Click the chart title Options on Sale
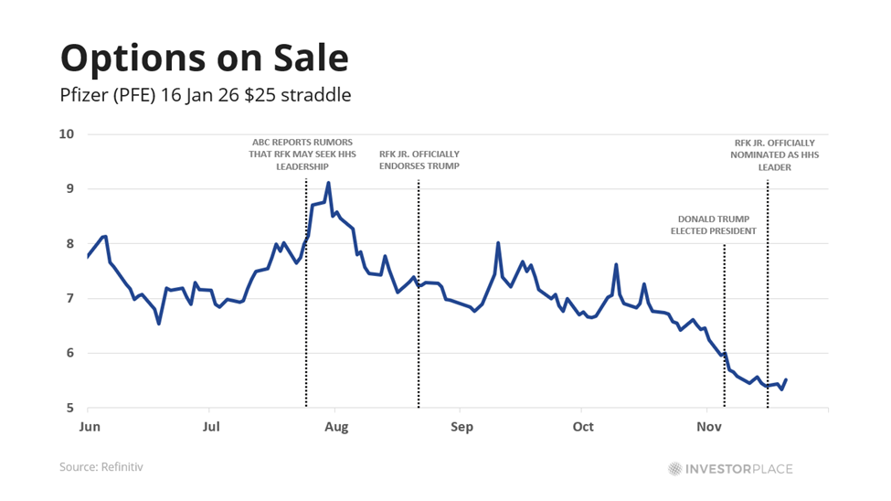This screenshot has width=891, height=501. pyautogui.click(x=205, y=58)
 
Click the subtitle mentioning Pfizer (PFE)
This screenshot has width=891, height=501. pyautogui.click(x=206, y=95)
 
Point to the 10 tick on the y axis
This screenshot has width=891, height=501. pyautogui.click(x=67, y=134)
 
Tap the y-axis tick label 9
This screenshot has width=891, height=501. pyautogui.click(x=69, y=189)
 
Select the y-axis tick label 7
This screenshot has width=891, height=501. pyautogui.click(x=69, y=299)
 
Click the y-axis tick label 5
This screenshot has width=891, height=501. pyautogui.click(x=69, y=408)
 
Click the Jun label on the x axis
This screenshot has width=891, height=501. pyautogui.click(x=90, y=427)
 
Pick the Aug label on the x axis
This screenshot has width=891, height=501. pyautogui.click(x=336, y=427)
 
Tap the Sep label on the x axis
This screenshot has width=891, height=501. pyautogui.click(x=461, y=427)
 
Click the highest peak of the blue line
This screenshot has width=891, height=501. pyautogui.click(x=328, y=183)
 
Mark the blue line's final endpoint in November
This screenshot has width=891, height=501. pyautogui.click(x=786, y=380)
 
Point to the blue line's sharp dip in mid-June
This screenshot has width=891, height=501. pyautogui.click(x=159, y=323)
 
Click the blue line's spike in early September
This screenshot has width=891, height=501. pyautogui.click(x=498, y=243)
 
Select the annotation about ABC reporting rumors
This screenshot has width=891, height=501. pyautogui.click(x=305, y=155)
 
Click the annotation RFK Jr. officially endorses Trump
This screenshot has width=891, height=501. pyautogui.click(x=419, y=160)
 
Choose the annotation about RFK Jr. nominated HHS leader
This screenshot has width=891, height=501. pyautogui.click(x=774, y=155)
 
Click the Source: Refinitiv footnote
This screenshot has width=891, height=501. pyautogui.click(x=101, y=467)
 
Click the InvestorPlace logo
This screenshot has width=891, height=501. pyautogui.click(x=730, y=469)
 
